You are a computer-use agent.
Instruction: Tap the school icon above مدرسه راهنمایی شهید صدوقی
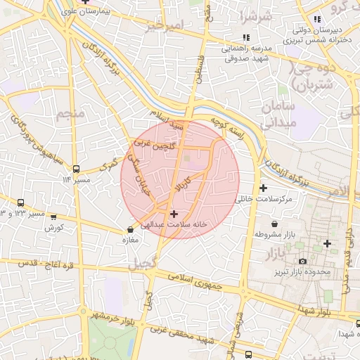(x=245, y=37)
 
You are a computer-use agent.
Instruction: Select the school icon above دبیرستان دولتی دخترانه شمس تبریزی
(x=318, y=19)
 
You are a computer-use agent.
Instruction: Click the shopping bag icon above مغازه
(x=130, y=230)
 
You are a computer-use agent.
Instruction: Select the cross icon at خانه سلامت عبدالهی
(x=174, y=213)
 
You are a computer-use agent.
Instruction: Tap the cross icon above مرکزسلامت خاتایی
(x=263, y=188)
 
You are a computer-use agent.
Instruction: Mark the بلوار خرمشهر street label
(x=117, y=317)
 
